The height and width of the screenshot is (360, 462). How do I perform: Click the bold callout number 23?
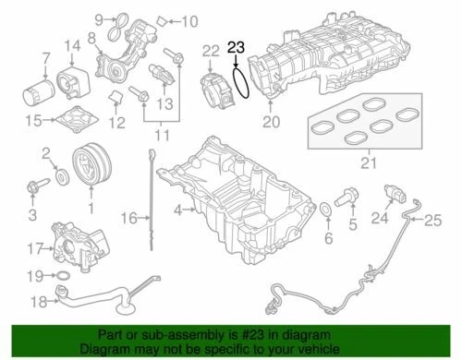(x=237, y=46)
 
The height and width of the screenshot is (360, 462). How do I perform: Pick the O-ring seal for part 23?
(x=239, y=81)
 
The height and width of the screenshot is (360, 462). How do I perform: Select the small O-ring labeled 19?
(x=61, y=276)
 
